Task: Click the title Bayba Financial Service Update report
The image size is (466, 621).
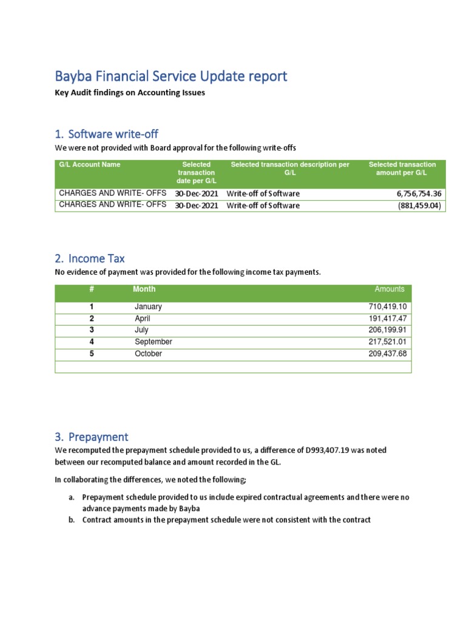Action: (171, 76)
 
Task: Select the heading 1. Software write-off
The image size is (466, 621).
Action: (106, 133)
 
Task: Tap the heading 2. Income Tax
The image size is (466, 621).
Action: (90, 258)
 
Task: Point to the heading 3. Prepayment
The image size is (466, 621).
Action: (92, 437)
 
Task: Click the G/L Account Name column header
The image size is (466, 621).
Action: (89, 164)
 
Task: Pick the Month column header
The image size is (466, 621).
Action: (144, 289)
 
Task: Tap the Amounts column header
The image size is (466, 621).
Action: (389, 289)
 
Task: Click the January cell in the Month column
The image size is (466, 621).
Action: (148, 307)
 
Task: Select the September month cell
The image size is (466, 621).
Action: (153, 342)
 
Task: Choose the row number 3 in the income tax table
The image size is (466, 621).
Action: (92, 331)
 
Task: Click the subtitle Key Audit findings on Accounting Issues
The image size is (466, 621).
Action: (130, 93)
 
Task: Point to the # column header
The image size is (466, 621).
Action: (92, 289)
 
